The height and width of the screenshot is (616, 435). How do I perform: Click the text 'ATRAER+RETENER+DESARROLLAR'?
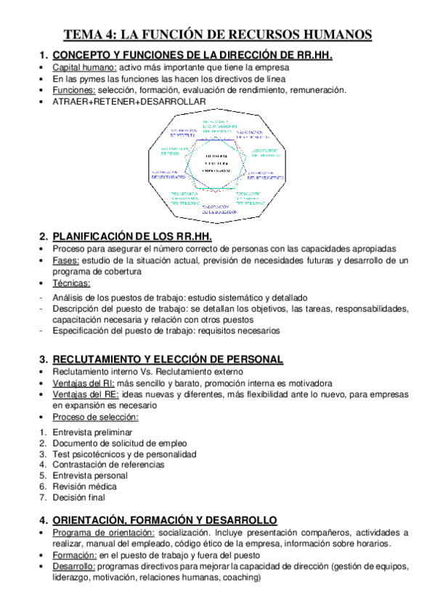129,102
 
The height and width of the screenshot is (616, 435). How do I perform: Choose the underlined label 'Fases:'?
66,260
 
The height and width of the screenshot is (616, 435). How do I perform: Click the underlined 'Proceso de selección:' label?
95,417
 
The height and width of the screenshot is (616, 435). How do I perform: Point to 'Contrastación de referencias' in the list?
108,464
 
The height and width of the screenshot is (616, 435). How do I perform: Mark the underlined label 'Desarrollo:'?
73,566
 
